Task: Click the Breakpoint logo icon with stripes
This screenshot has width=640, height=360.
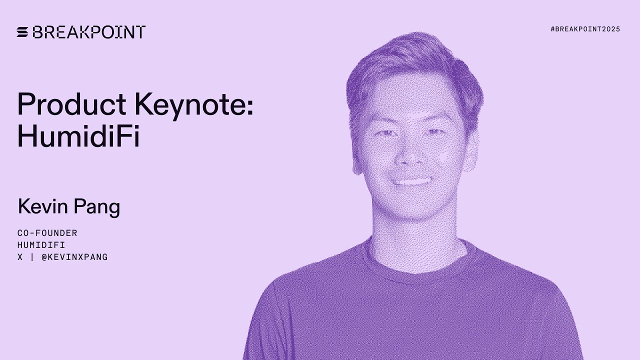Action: point(22,32)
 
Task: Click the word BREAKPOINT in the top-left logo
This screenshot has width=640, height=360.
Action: point(88,32)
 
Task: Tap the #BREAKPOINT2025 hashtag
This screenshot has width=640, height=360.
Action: point(585,29)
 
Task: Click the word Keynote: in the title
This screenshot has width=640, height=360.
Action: point(193,105)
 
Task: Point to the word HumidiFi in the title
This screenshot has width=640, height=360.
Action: point(78,135)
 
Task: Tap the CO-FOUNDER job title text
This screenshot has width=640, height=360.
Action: point(47,233)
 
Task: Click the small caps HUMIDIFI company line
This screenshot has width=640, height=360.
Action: point(41,245)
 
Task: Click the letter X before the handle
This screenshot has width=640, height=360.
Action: point(20,257)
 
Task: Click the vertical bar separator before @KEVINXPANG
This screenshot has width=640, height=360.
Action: point(32,257)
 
